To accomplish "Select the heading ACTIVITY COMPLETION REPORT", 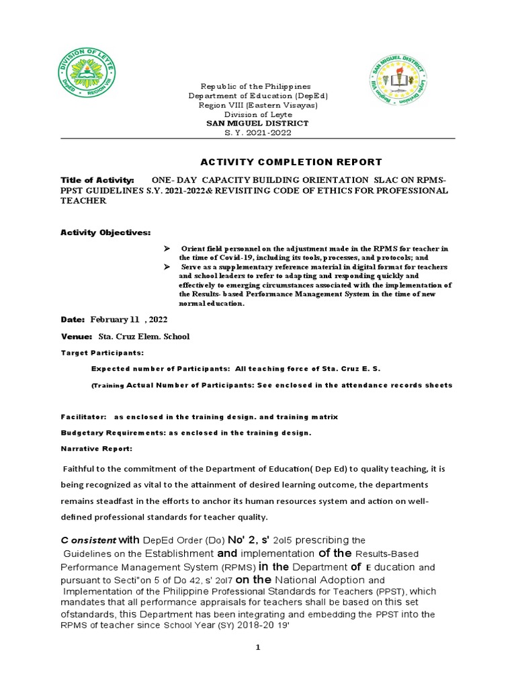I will tap(292, 162).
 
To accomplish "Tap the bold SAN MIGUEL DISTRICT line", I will tap(257, 124).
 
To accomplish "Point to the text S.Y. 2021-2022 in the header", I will tap(257, 132).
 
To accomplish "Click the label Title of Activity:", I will tap(97, 181).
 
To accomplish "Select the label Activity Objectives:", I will tap(105, 232).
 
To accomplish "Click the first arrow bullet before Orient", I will tap(169, 249).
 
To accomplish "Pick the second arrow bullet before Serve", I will tap(169, 267).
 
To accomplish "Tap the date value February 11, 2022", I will tap(134, 320).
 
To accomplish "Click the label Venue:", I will tap(77, 336).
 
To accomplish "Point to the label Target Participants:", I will tap(102, 352).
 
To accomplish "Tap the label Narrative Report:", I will tap(97, 449).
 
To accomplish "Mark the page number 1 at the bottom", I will tap(258, 647).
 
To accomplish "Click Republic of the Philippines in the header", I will tap(258, 87).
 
